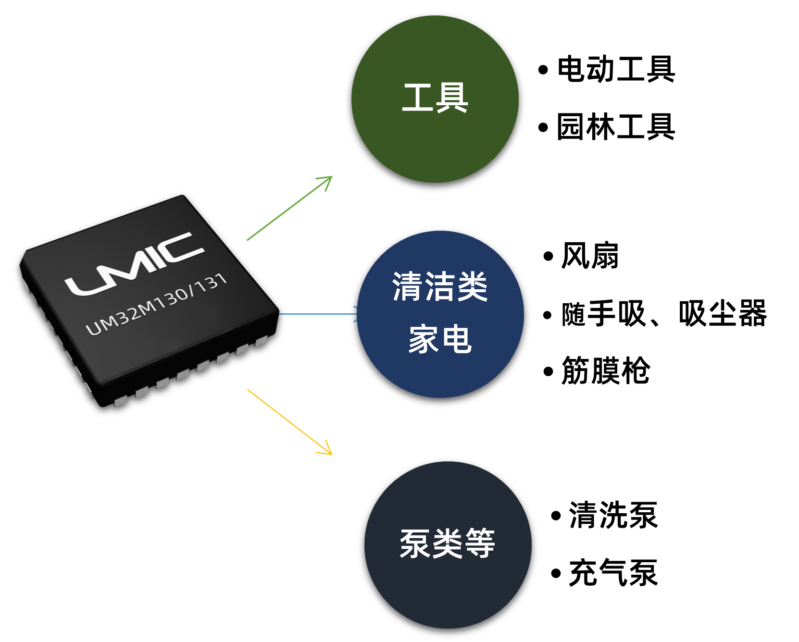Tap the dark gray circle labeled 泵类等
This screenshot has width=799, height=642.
click(x=448, y=586)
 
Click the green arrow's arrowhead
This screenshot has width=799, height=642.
click(x=327, y=180)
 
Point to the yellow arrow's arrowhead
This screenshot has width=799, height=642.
click(x=327, y=450)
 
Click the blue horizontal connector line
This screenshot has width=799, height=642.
click(x=317, y=314)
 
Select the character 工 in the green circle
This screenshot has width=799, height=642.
click(x=417, y=98)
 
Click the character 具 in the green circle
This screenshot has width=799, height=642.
click(x=452, y=98)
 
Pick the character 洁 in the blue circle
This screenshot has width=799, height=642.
click(x=440, y=286)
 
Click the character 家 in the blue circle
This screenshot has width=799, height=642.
click(x=423, y=339)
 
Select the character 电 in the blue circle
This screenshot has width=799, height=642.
click(x=457, y=339)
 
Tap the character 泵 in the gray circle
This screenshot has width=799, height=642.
click(x=415, y=543)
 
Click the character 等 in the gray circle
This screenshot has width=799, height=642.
click(x=480, y=543)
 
